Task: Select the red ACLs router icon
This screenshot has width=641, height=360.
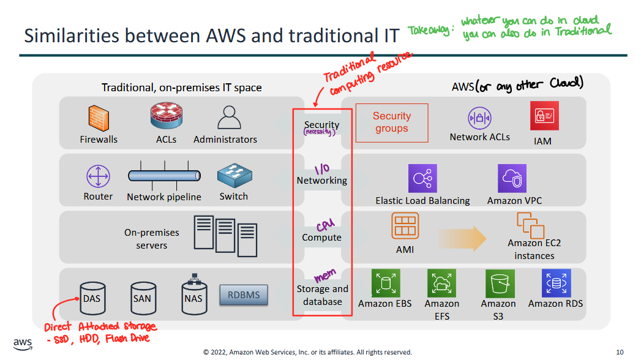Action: coord(166,116)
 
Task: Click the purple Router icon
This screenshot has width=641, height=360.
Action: coord(98,178)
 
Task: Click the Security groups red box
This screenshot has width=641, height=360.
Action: coord(391,122)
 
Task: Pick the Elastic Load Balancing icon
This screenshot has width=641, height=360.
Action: coord(422,179)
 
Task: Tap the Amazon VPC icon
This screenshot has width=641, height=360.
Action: coord(512,179)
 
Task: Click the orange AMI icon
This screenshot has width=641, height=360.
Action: coord(405,227)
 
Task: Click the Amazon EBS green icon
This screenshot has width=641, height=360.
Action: coord(386,283)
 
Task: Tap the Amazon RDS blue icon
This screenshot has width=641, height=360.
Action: coord(556,283)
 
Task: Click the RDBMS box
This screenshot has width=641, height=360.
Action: coord(244,295)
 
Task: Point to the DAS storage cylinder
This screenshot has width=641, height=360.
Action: coord(91,296)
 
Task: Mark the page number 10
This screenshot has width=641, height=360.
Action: coord(620,352)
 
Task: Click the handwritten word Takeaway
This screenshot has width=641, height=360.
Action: coord(428,31)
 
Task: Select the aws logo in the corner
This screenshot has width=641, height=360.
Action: coord(23,343)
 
